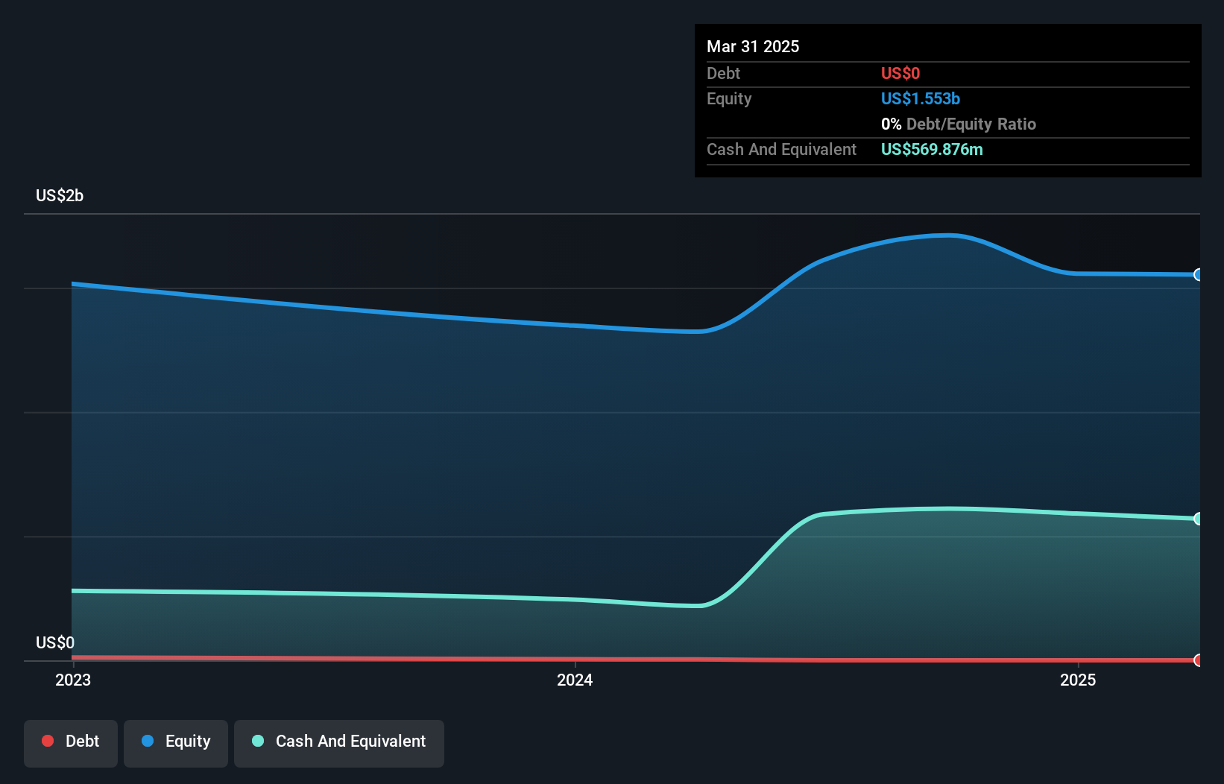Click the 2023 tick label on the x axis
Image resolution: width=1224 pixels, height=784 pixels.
pyautogui.click(x=73, y=680)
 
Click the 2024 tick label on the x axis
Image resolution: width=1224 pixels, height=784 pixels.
pyautogui.click(x=575, y=680)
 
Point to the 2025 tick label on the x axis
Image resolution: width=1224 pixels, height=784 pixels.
pyautogui.click(x=1078, y=680)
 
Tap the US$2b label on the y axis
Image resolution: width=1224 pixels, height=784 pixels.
pyautogui.click(x=60, y=196)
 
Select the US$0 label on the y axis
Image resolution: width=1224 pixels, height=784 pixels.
pyautogui.click(x=55, y=642)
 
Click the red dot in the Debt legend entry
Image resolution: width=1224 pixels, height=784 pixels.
pyautogui.click(x=48, y=741)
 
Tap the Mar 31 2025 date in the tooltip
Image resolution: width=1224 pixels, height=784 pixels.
pyautogui.click(x=753, y=46)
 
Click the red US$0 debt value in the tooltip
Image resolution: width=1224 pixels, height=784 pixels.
pyautogui.click(x=900, y=73)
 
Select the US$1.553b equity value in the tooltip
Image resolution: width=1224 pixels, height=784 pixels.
pyautogui.click(x=920, y=98)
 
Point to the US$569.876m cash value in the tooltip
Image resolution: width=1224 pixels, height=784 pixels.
pyautogui.click(x=931, y=149)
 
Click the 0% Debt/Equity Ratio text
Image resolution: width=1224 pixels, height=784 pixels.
pyautogui.click(x=958, y=124)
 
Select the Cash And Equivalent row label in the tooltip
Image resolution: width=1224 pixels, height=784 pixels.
pyautogui.click(x=781, y=149)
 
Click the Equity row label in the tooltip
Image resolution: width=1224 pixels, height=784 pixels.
pyautogui.click(x=729, y=98)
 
